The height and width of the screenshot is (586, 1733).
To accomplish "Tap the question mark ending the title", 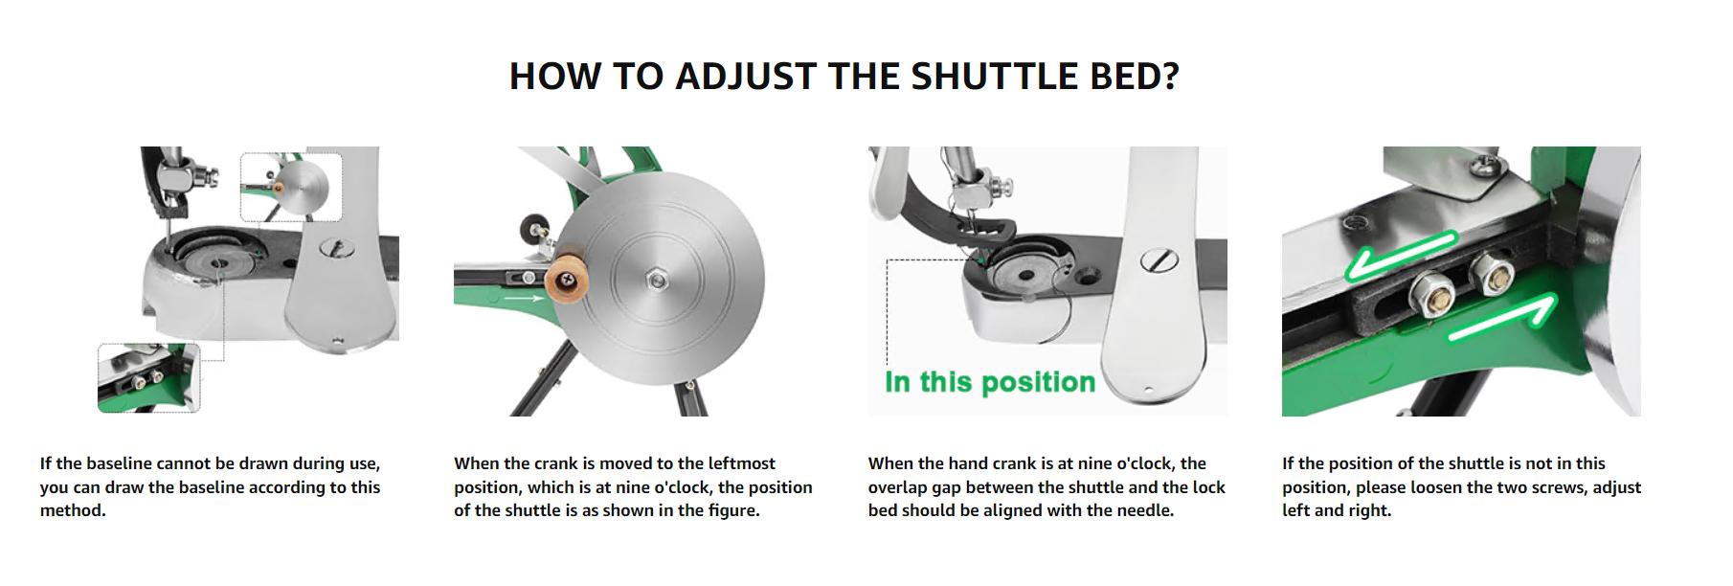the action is tap(1169, 77).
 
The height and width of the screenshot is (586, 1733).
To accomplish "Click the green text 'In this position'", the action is tap(990, 382).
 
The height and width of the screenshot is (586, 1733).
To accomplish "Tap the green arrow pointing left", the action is tap(1399, 256).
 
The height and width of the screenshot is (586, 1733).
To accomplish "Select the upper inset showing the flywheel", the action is tap(291, 188).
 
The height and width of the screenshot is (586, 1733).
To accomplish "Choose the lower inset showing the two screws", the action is tap(148, 378).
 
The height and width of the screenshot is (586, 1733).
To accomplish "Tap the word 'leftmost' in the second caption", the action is tap(738, 463).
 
